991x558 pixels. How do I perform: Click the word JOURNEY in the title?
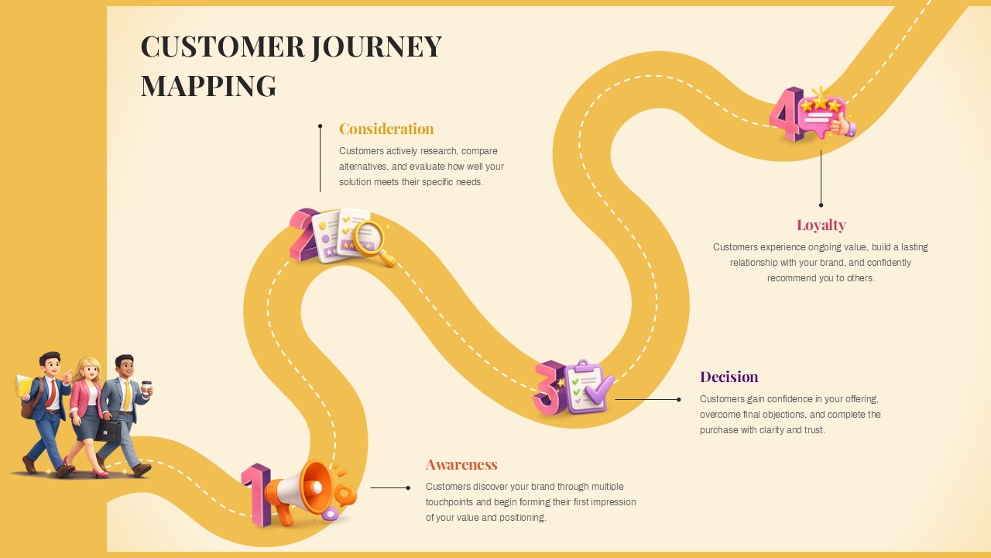pyautogui.click(x=376, y=47)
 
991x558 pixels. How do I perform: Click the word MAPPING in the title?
pyautogui.click(x=208, y=86)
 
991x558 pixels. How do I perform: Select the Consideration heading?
pyautogui.click(x=386, y=129)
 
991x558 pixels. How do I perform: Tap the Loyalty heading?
pyautogui.click(x=821, y=225)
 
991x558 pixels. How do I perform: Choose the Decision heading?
pyautogui.click(x=729, y=377)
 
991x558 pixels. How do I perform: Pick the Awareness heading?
pyautogui.click(x=461, y=464)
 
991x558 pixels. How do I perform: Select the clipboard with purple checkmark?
pyautogui.click(x=587, y=386)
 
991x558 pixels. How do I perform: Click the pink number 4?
pyautogui.click(x=785, y=114)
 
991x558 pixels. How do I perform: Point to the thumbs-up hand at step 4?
pyautogui.click(x=842, y=125)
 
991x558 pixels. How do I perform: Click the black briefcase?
pyautogui.click(x=108, y=430)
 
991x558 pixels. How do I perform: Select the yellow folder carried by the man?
pyautogui.click(x=25, y=385)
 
